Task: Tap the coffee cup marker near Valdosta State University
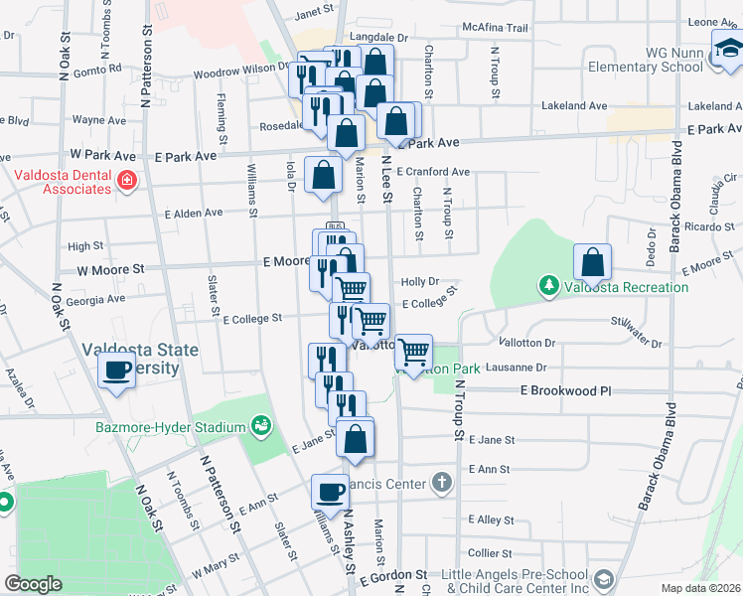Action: pyautogui.click(x=117, y=372)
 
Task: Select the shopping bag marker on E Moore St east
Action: pyautogui.click(x=592, y=262)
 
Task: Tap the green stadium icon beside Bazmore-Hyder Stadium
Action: pyautogui.click(x=261, y=426)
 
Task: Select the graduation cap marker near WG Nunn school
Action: pyautogui.click(x=727, y=46)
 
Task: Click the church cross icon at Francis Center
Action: pyautogui.click(x=442, y=484)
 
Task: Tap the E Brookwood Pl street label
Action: pyautogui.click(x=565, y=391)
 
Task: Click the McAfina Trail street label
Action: pyautogui.click(x=494, y=28)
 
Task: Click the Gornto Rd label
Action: pyautogui.click(x=101, y=70)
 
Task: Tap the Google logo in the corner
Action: pyautogui.click(x=34, y=584)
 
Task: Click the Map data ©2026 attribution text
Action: pyautogui.click(x=701, y=589)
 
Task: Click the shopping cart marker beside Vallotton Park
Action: pyautogui.click(x=412, y=351)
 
